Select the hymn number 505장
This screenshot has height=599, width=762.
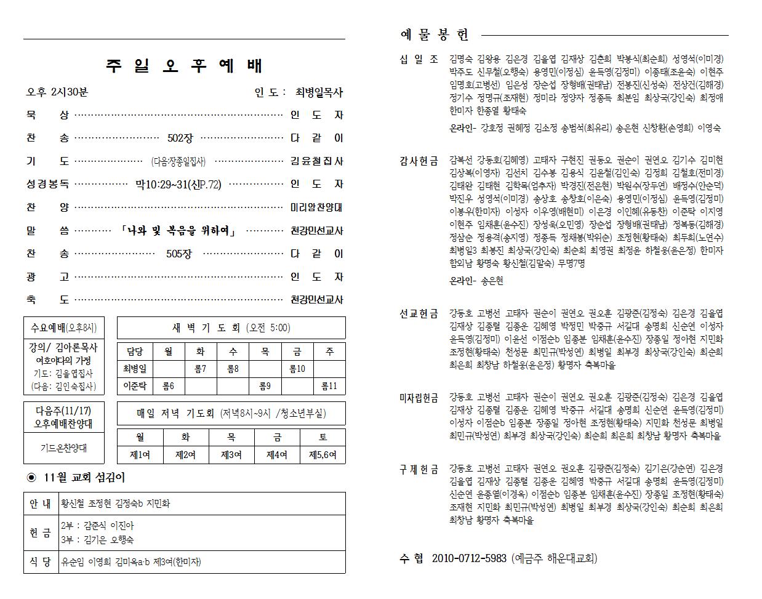[179, 254]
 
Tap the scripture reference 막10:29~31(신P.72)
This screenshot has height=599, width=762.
[178, 184]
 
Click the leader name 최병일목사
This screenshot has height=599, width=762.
[319, 92]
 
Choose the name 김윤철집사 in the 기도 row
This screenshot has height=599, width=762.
[316, 161]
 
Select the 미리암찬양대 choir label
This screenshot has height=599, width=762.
[316, 207]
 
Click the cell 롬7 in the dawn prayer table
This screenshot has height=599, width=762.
[200, 369]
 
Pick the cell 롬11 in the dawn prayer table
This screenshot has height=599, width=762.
[329, 386]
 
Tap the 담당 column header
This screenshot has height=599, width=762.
[135, 352]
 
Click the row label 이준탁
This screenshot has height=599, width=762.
[135, 386]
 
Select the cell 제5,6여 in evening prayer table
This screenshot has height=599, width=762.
[323, 454]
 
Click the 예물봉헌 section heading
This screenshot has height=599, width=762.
[435, 34]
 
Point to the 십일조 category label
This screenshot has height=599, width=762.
[419, 59]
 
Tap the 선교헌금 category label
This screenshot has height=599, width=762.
[419, 314]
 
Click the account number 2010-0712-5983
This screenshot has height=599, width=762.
[469, 558]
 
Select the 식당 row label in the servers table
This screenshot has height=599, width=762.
[41, 561]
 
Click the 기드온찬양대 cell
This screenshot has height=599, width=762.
[64, 448]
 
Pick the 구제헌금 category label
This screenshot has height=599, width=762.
[419, 470]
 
